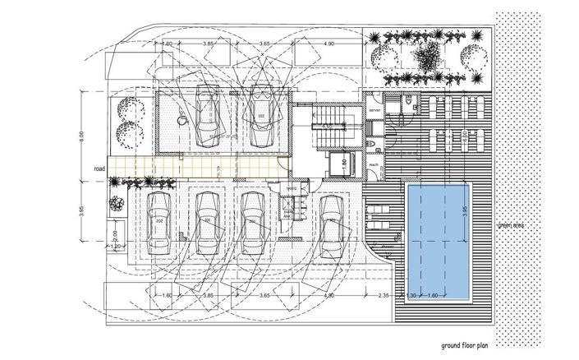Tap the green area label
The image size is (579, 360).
[511, 224]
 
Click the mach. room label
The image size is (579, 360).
[374, 164]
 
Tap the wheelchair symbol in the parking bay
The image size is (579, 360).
[182, 119]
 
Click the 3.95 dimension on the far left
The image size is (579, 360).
[82, 212]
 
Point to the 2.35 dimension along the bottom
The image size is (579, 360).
[384, 293]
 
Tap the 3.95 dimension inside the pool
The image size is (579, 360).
[465, 213]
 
